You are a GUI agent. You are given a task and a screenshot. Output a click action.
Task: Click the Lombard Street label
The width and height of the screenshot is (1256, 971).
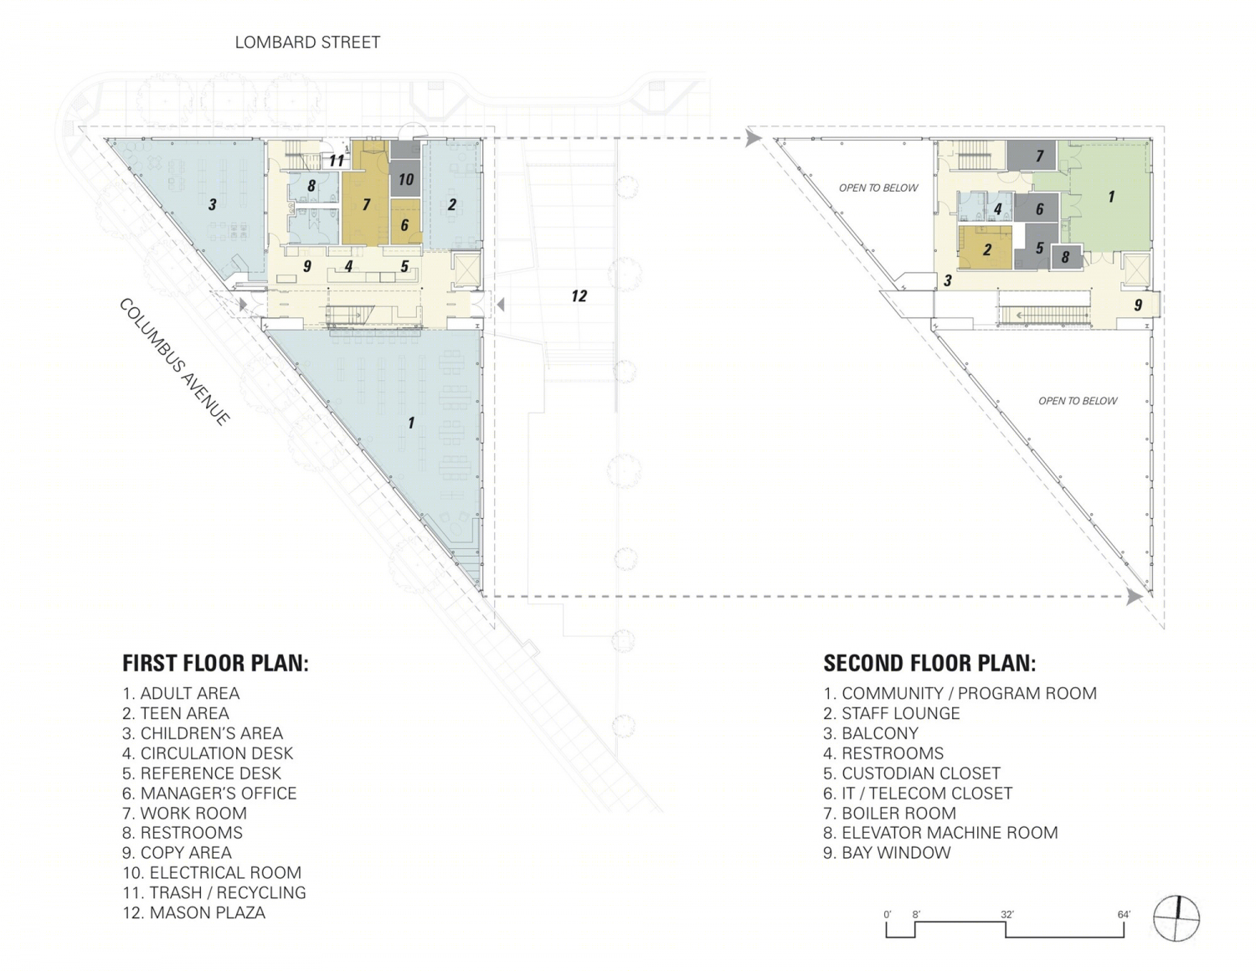(307, 42)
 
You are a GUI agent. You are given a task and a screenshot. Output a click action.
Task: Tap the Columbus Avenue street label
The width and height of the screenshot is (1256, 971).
(174, 362)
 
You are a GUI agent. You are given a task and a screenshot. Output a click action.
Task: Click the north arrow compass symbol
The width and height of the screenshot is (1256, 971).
(1176, 918)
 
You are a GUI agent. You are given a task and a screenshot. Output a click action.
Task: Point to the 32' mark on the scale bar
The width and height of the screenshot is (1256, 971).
(1006, 914)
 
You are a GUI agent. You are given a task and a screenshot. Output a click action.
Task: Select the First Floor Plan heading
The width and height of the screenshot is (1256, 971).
(215, 663)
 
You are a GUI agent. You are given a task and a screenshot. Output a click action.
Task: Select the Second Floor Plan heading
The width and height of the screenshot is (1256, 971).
(929, 663)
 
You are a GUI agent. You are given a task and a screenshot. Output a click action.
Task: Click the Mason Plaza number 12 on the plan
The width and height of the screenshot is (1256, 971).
(579, 296)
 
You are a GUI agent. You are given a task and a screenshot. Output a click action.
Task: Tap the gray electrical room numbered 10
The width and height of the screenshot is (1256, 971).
(406, 180)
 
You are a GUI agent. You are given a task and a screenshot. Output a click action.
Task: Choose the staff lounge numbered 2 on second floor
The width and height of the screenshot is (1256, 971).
(986, 249)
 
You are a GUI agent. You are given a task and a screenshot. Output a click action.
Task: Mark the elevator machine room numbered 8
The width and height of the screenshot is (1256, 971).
(1066, 256)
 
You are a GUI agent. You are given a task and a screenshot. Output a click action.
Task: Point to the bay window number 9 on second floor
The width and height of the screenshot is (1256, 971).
(1138, 305)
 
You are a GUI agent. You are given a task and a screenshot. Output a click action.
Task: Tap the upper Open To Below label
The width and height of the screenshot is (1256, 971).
(878, 188)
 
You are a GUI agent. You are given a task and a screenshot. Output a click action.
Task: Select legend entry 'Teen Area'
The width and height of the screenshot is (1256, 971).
(176, 713)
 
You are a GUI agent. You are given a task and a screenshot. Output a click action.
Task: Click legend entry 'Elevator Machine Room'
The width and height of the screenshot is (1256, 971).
(940, 833)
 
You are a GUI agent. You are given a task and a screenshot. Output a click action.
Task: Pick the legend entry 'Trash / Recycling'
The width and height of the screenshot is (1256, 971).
(214, 893)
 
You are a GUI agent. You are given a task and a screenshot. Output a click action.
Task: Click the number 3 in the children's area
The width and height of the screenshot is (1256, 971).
(212, 204)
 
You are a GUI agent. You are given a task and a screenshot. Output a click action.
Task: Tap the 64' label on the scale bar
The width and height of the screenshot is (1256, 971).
(1124, 914)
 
